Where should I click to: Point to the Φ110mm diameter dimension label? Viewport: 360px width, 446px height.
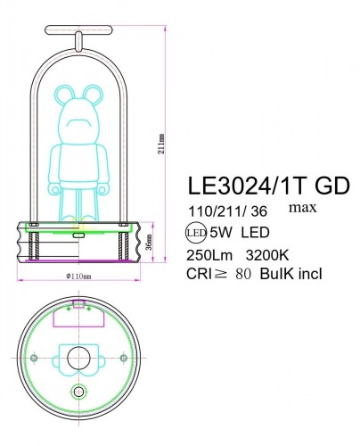79,277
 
